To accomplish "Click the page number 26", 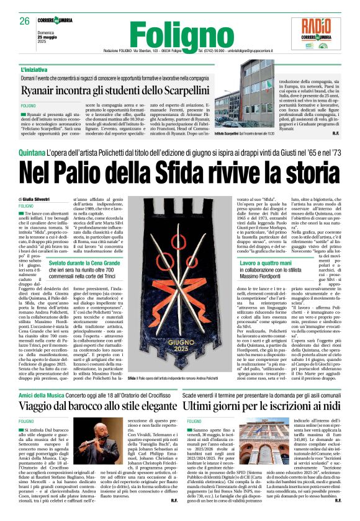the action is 25,21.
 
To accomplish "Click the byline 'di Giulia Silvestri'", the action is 37,198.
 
